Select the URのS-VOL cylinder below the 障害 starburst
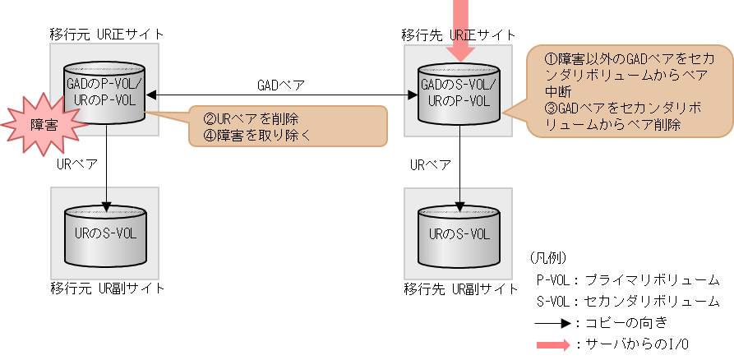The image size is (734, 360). point(105,235)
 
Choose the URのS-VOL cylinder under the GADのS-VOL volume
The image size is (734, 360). point(459,235)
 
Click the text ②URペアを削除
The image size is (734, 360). point(251,119)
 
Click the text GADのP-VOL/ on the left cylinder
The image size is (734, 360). point(105,85)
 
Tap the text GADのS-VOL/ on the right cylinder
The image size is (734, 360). point(459,85)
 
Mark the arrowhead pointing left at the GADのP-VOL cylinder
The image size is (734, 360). point(152,95)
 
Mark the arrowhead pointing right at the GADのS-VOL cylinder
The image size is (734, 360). point(413,95)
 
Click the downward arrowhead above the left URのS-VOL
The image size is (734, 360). point(105,205)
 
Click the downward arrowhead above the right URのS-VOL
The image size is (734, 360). point(459,205)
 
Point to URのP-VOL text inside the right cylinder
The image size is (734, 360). point(459,101)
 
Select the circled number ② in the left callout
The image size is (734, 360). point(210,119)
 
